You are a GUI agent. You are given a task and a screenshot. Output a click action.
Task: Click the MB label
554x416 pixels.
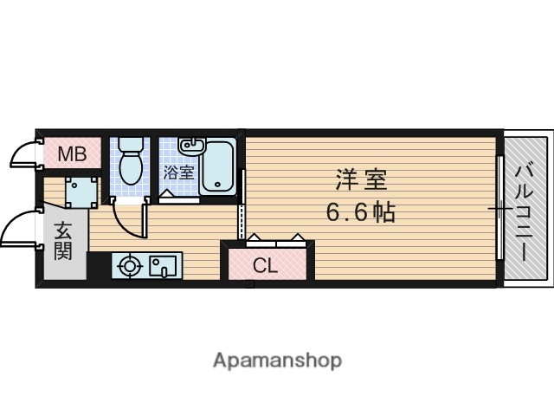72,155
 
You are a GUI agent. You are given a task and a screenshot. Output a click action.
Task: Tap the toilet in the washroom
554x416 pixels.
132,165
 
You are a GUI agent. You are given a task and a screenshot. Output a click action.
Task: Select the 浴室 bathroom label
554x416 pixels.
178,172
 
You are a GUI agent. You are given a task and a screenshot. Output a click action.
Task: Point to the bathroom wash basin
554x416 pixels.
190,145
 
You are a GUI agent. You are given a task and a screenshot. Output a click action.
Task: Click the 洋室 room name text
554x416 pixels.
361,181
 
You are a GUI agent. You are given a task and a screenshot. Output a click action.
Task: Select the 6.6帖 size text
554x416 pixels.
361,212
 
